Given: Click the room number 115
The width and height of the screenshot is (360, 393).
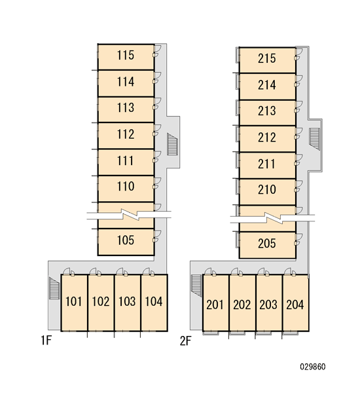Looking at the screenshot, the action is pyautogui.click(x=126, y=56).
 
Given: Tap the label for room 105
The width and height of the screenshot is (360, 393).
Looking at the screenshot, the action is pyautogui.click(x=126, y=240).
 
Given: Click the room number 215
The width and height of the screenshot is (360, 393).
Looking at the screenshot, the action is pyautogui.click(x=267, y=58).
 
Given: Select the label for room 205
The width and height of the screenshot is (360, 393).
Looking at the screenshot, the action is pyautogui.click(x=267, y=244).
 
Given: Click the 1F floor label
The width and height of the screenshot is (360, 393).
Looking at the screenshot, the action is pyautogui.click(x=46, y=341).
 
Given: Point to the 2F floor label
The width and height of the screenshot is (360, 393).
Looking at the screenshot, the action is pyautogui.click(x=186, y=341).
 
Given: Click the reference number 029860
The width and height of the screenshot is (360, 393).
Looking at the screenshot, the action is pyautogui.click(x=313, y=367).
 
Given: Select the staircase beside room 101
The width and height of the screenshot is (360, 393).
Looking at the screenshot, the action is pyautogui.click(x=54, y=288).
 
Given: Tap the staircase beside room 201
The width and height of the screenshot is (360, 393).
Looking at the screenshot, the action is pyautogui.click(x=196, y=286).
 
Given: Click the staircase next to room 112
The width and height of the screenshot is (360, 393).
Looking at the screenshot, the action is pyautogui.click(x=172, y=144).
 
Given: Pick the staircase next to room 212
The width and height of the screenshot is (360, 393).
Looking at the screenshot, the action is pyautogui.click(x=315, y=139).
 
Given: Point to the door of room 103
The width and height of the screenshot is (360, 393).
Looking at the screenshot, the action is pyautogui.click(x=122, y=272).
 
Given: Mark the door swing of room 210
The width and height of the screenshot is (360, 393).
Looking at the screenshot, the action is pyautogui.click(x=298, y=186).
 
